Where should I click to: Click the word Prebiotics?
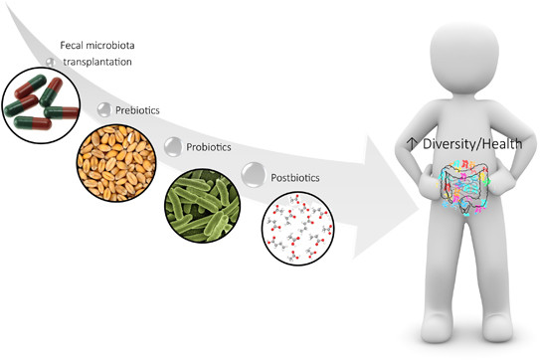[137, 110]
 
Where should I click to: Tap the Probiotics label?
[209, 147]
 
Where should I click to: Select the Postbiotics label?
[295, 178]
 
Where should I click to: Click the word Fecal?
[71, 45]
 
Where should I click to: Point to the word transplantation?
[97, 62]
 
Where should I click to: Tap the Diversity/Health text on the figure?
[472, 144]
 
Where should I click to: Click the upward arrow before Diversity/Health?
[412, 143]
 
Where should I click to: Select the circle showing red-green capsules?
[42, 105]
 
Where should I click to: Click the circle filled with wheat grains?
[116, 163]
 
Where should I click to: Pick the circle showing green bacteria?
[202, 205]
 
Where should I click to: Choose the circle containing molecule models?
[298, 229]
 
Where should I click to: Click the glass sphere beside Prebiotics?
[104, 109]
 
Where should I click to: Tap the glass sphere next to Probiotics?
[172, 147]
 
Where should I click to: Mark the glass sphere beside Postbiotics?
[254, 175]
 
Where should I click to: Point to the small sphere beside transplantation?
[51, 62]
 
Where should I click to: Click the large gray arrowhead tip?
[419, 209]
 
